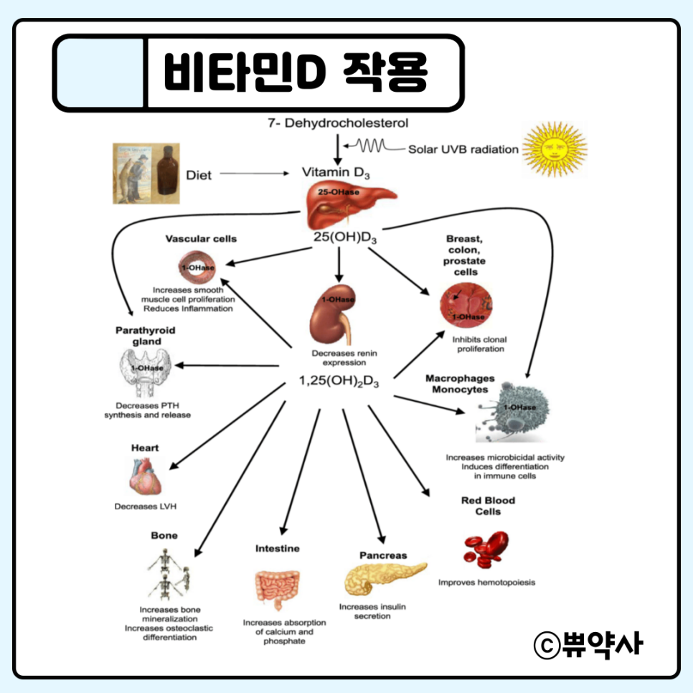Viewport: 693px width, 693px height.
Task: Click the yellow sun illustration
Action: [555, 148]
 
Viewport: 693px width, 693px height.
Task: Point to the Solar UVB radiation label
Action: [463, 150]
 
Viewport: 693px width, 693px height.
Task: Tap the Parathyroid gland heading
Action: [146, 336]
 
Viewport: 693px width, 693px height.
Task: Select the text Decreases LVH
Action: [146, 506]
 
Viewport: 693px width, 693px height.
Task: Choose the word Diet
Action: [199, 174]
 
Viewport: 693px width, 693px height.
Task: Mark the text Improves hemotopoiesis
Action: [486, 583]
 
